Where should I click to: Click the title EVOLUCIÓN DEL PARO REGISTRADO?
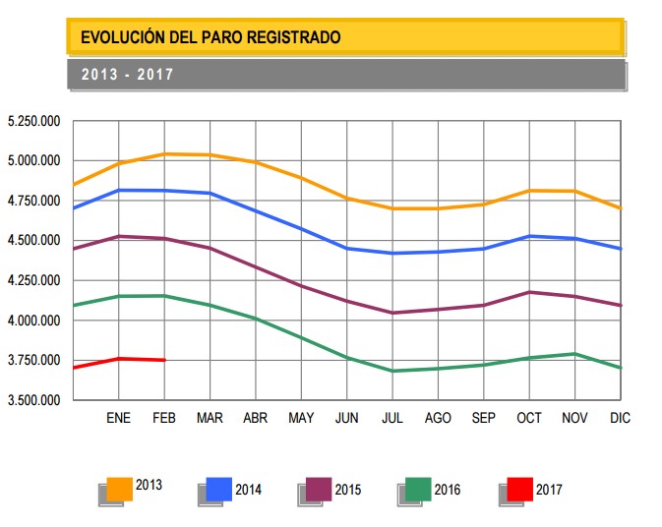(x=211, y=38)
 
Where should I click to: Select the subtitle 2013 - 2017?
(x=128, y=75)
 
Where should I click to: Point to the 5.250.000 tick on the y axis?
(x=34, y=121)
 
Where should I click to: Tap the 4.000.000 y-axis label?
(x=34, y=321)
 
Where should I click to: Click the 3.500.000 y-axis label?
(x=34, y=400)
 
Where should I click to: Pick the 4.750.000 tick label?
(x=34, y=201)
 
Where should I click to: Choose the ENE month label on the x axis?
(x=119, y=418)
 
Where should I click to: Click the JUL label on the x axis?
(x=392, y=418)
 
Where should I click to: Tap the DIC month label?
(x=620, y=418)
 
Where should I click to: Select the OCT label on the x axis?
(x=529, y=418)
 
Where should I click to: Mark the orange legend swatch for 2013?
(x=120, y=488)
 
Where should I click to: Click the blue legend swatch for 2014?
(x=219, y=488)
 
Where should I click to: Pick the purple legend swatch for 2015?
(x=319, y=488)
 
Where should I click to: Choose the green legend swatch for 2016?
(x=418, y=488)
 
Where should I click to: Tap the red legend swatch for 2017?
(x=519, y=488)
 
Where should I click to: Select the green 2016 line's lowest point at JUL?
(x=392, y=371)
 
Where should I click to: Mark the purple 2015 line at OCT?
(x=529, y=292)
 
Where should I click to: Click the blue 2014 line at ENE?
(x=119, y=190)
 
